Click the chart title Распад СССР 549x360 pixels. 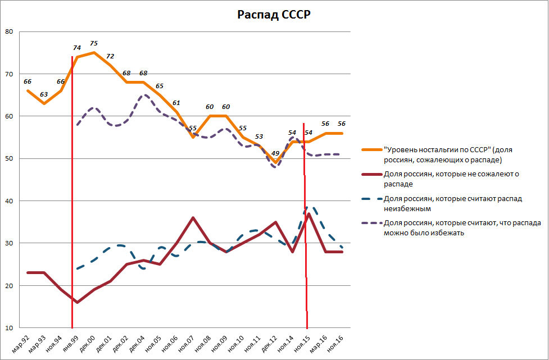pyautogui.click(x=274, y=15)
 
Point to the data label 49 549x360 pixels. pyautogui.click(x=275, y=153)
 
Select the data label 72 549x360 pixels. pyautogui.click(x=110, y=56)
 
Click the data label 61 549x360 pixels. pyautogui.click(x=176, y=103)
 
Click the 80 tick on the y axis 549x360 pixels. pyautogui.click(x=9, y=31)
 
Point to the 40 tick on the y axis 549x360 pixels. pyautogui.click(x=9, y=201)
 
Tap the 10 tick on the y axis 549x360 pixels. pyautogui.click(x=9, y=328)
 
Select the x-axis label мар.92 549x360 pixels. pyautogui.click(x=23, y=341)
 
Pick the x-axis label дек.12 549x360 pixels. pyautogui.click(x=270, y=341)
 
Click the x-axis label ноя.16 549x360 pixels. pyautogui.click(x=335, y=341)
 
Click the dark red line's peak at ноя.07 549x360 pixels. pyautogui.click(x=193, y=218)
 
